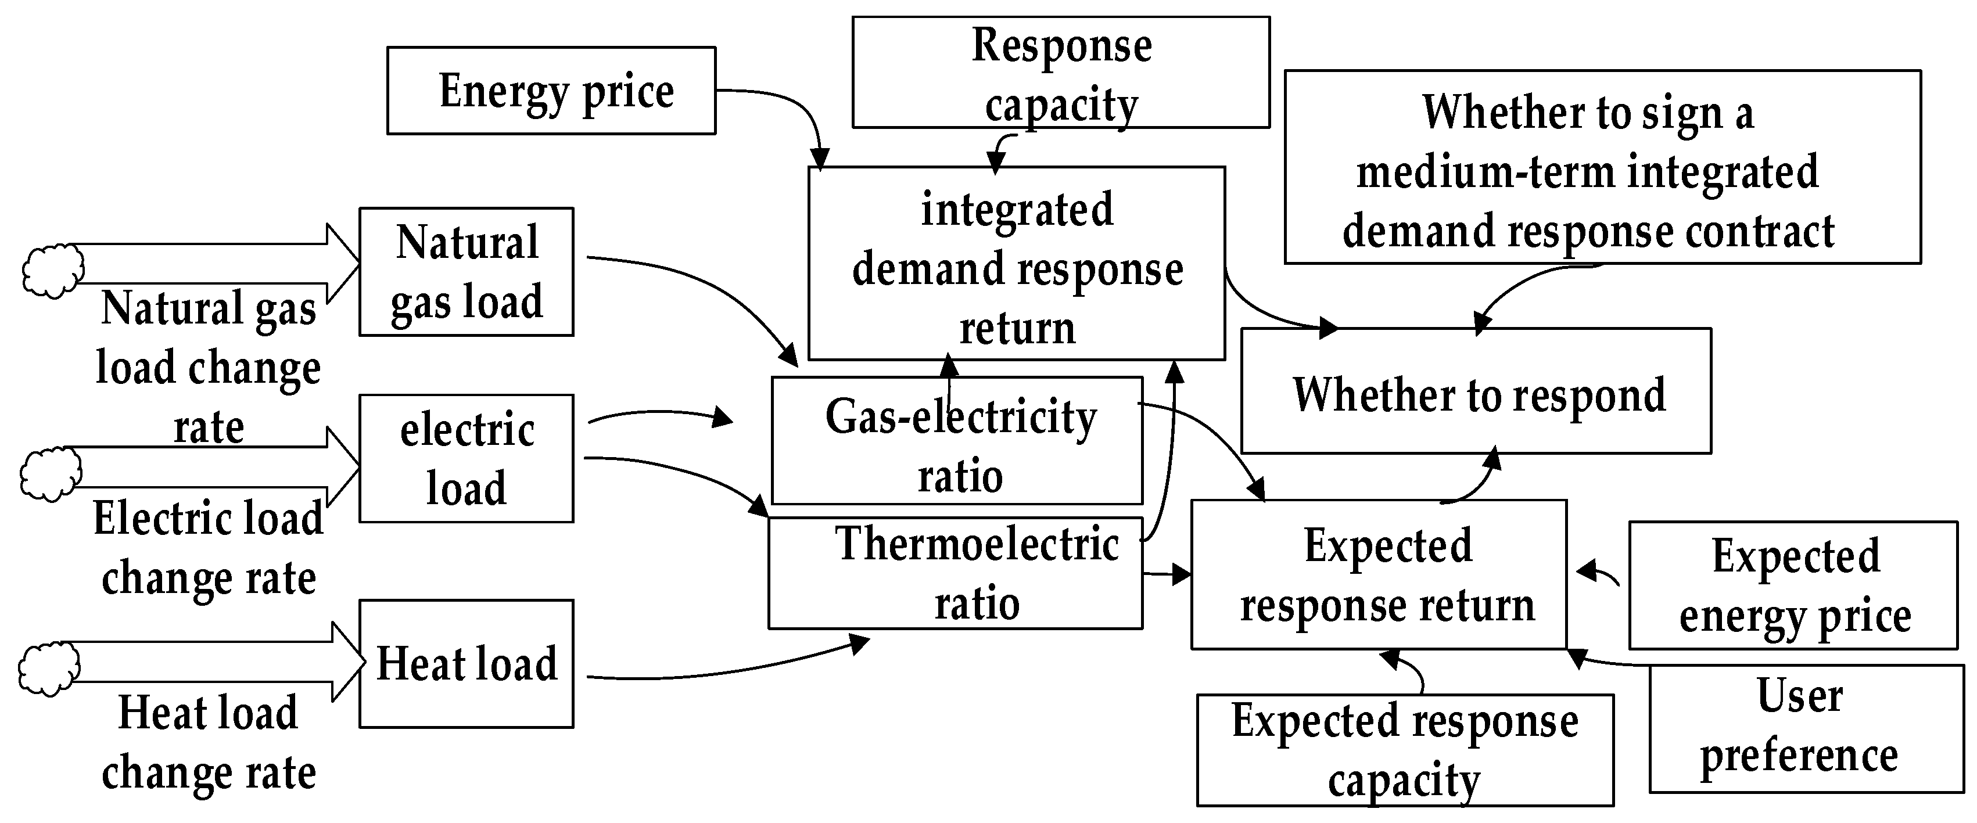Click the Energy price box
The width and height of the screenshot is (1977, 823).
coord(551,91)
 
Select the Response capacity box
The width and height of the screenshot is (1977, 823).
coord(1061,73)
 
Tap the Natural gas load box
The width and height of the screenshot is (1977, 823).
coord(466,271)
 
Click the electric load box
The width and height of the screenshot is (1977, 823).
coord(466,459)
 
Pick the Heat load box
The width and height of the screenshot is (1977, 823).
coord(466,663)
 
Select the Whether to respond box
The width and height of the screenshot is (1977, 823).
coord(1475,392)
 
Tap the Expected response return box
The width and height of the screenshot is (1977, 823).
coord(1379,575)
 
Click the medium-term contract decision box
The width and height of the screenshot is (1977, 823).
coord(1602,167)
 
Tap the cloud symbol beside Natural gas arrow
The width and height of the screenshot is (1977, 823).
coord(52,271)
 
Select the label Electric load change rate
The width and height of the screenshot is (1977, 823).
coord(209,548)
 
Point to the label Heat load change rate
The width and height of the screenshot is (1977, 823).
coord(209,742)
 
